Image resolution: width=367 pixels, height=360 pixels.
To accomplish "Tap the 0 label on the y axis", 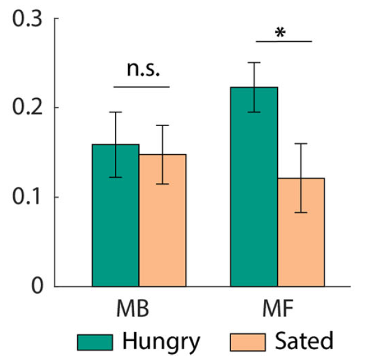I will pos(37,286).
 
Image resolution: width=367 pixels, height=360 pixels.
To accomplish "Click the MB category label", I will pos(133,312).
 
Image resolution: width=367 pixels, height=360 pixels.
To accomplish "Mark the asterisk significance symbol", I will pos(280,32).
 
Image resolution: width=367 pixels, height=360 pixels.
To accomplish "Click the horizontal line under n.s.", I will pos(142,87).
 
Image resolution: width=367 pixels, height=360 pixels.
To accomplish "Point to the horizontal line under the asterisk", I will pos(284,42).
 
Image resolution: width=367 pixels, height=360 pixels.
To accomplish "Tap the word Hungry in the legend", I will pos(161,342).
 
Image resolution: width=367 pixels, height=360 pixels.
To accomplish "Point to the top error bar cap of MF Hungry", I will pos(254,62).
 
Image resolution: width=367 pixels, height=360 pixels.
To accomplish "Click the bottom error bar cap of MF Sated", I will pos(301,212).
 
